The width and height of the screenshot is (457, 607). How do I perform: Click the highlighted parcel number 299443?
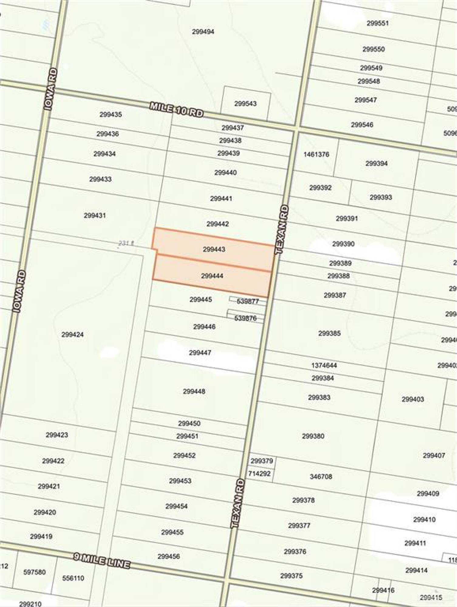[x=214, y=249]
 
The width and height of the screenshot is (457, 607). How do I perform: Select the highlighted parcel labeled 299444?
[x=212, y=276]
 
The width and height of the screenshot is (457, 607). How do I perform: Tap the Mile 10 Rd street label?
[x=176, y=110]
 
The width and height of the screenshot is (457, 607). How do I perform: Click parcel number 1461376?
[x=316, y=154]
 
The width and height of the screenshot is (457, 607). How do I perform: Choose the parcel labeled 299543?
[x=245, y=104]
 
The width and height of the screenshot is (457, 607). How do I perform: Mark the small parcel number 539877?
[x=247, y=301]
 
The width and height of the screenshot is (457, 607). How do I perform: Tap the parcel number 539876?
[x=245, y=318]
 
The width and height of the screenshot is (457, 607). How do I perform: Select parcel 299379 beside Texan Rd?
[x=261, y=461]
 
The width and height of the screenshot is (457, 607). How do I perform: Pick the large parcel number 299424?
[x=72, y=334]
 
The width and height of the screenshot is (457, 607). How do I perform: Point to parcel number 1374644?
[x=324, y=365]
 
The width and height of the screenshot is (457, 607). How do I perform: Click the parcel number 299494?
[x=203, y=32]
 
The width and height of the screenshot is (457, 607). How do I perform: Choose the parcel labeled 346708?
[x=321, y=476]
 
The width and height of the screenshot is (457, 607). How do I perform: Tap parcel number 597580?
[x=35, y=572]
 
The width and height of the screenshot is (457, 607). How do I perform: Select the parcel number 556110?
[x=73, y=578]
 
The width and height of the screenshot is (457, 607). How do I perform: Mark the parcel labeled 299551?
[x=377, y=23]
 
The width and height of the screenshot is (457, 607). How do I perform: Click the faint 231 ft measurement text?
[x=126, y=243]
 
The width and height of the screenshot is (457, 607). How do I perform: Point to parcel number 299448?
[x=194, y=392]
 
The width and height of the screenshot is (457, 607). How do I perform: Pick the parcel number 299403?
[x=412, y=399]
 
